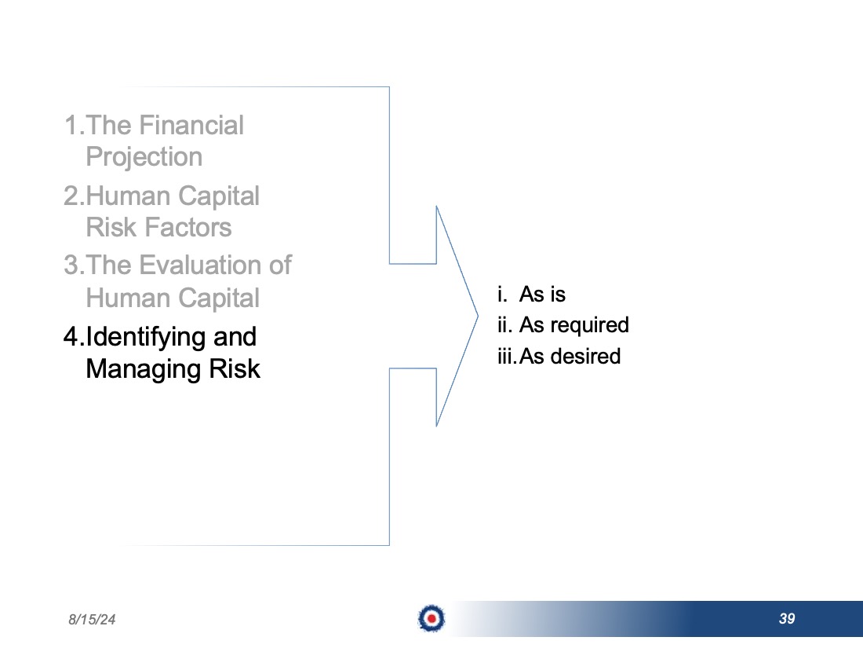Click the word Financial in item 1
[191, 125]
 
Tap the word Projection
[144, 158]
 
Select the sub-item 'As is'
[542, 295]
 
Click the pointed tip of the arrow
[478, 316]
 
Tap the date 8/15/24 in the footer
[92, 620]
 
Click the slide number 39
[787, 619]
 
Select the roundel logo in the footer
[431, 618]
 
